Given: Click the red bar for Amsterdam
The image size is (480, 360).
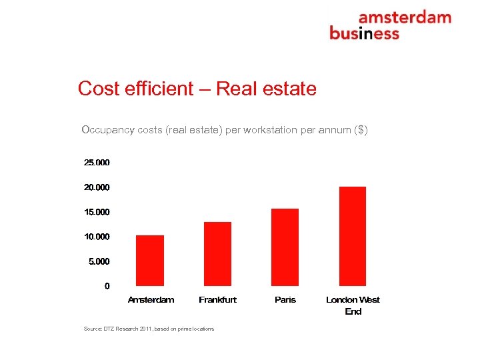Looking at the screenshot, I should pos(150,261).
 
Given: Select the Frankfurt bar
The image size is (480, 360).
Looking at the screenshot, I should pos(217,254).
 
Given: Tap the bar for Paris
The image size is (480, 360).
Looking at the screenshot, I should pos(285,247).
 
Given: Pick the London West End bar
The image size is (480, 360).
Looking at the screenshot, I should pos(353,236).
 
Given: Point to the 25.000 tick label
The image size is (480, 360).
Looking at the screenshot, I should pos(97,163).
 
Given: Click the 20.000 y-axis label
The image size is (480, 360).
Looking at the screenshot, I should pos(97,187).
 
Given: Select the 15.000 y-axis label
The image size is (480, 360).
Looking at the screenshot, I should pos(97,212).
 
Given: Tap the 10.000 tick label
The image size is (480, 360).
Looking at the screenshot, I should pos(97,237).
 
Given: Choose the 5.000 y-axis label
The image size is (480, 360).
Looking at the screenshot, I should pos(99,261).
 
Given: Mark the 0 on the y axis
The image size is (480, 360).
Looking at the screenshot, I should pos(107,286).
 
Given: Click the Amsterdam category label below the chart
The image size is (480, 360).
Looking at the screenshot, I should pos(151,300).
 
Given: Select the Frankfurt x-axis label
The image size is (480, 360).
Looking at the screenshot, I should pos(217,300).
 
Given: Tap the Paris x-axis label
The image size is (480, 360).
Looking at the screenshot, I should pos(285,300).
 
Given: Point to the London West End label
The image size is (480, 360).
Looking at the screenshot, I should pos(353,305).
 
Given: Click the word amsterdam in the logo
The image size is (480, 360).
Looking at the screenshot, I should pos(405,18).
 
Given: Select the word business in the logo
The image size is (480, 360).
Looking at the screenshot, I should pos(364,33).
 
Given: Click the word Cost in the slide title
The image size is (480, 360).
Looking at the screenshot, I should pos(95,88).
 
